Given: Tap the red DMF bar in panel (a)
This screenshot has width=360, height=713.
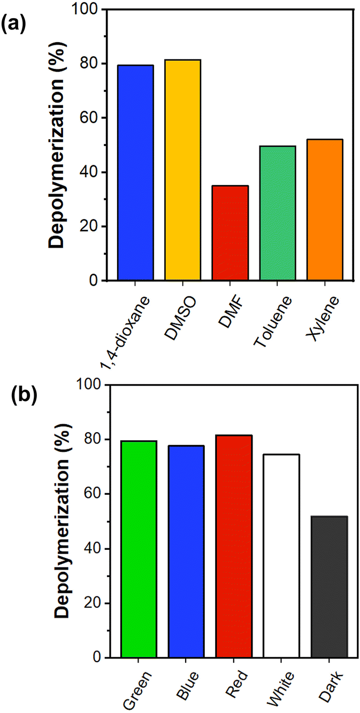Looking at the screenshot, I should [230, 233].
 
